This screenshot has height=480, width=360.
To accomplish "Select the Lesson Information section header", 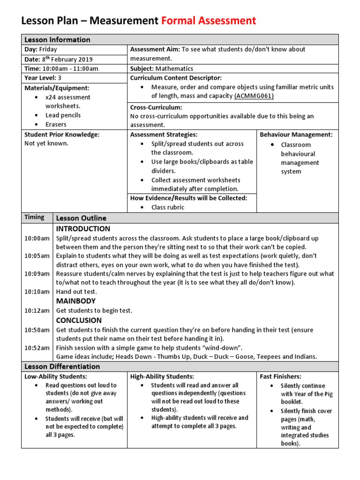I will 57,39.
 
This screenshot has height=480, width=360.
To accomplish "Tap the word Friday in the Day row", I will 48,49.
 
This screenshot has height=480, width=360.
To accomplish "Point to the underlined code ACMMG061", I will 254,96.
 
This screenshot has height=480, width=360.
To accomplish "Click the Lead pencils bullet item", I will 63,115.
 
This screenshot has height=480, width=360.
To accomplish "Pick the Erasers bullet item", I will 56,125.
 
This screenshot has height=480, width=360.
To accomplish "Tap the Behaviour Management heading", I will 296,135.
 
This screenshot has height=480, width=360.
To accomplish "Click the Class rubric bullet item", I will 167,207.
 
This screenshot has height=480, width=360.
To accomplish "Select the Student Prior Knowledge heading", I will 62,135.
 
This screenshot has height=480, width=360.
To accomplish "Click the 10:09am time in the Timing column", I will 37,274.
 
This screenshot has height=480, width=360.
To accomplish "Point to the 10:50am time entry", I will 37,330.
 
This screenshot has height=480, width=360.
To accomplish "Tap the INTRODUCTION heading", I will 83,229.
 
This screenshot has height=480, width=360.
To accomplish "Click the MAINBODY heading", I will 76,301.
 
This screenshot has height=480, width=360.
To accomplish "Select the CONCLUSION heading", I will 79,321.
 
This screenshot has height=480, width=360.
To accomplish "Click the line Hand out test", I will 76,292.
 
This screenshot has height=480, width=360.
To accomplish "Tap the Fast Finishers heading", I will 280,376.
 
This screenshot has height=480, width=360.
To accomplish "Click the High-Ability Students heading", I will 162,376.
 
